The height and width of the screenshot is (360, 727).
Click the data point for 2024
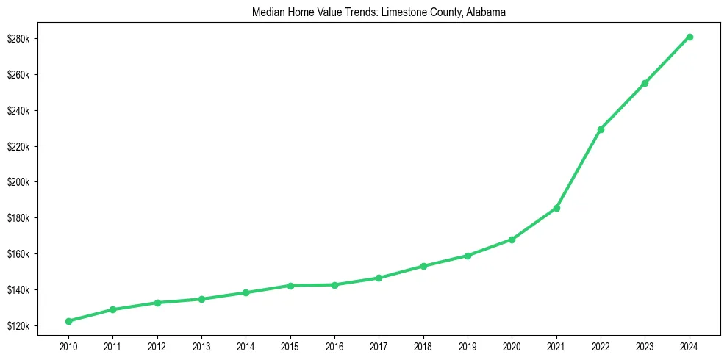690,37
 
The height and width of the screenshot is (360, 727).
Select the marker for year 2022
601,129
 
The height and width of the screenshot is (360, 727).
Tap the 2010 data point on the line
68,321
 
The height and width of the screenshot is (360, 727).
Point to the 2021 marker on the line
556,208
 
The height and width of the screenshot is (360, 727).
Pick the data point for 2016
334,285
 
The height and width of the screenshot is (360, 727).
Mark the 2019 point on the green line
468,256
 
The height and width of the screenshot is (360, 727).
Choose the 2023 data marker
645,83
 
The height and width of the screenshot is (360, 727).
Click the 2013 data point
201,299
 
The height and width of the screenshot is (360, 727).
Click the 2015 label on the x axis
290,345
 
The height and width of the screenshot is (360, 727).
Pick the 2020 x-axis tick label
512,345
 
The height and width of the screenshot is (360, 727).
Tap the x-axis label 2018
423,345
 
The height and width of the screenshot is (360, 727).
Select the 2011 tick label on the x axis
112,345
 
